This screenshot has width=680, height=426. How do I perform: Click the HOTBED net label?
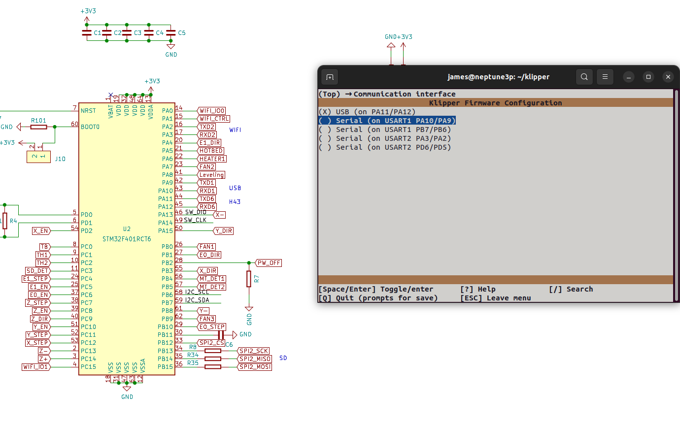tap(211, 151)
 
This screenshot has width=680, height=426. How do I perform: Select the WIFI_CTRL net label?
tap(213, 119)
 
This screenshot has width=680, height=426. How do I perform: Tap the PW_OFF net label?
tap(269, 263)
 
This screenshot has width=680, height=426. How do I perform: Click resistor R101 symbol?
tap(38, 127)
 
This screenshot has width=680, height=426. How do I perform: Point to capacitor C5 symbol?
tap(170, 33)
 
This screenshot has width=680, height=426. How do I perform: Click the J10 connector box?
tap(38, 157)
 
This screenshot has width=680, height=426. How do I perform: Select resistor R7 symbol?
tap(249, 279)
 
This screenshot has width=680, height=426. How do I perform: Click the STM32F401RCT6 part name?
tap(127, 239)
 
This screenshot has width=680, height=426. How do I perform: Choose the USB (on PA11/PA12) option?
tap(367, 112)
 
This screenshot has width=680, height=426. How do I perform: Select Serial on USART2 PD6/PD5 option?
tap(385, 147)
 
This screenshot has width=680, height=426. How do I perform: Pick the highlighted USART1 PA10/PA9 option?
tap(387, 121)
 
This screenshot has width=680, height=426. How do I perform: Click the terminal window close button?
tap(668, 77)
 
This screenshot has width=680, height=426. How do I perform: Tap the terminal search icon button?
tap(584, 77)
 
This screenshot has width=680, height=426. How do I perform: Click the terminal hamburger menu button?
tap(605, 77)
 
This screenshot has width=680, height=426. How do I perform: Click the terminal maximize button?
tap(648, 77)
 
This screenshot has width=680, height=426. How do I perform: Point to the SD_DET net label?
tap(37, 271)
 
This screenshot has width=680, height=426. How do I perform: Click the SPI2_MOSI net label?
tap(254, 367)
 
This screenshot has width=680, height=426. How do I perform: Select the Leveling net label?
tap(211, 175)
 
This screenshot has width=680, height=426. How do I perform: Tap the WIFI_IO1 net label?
tap(36, 367)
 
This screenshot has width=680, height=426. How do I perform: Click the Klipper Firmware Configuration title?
tap(495, 103)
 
